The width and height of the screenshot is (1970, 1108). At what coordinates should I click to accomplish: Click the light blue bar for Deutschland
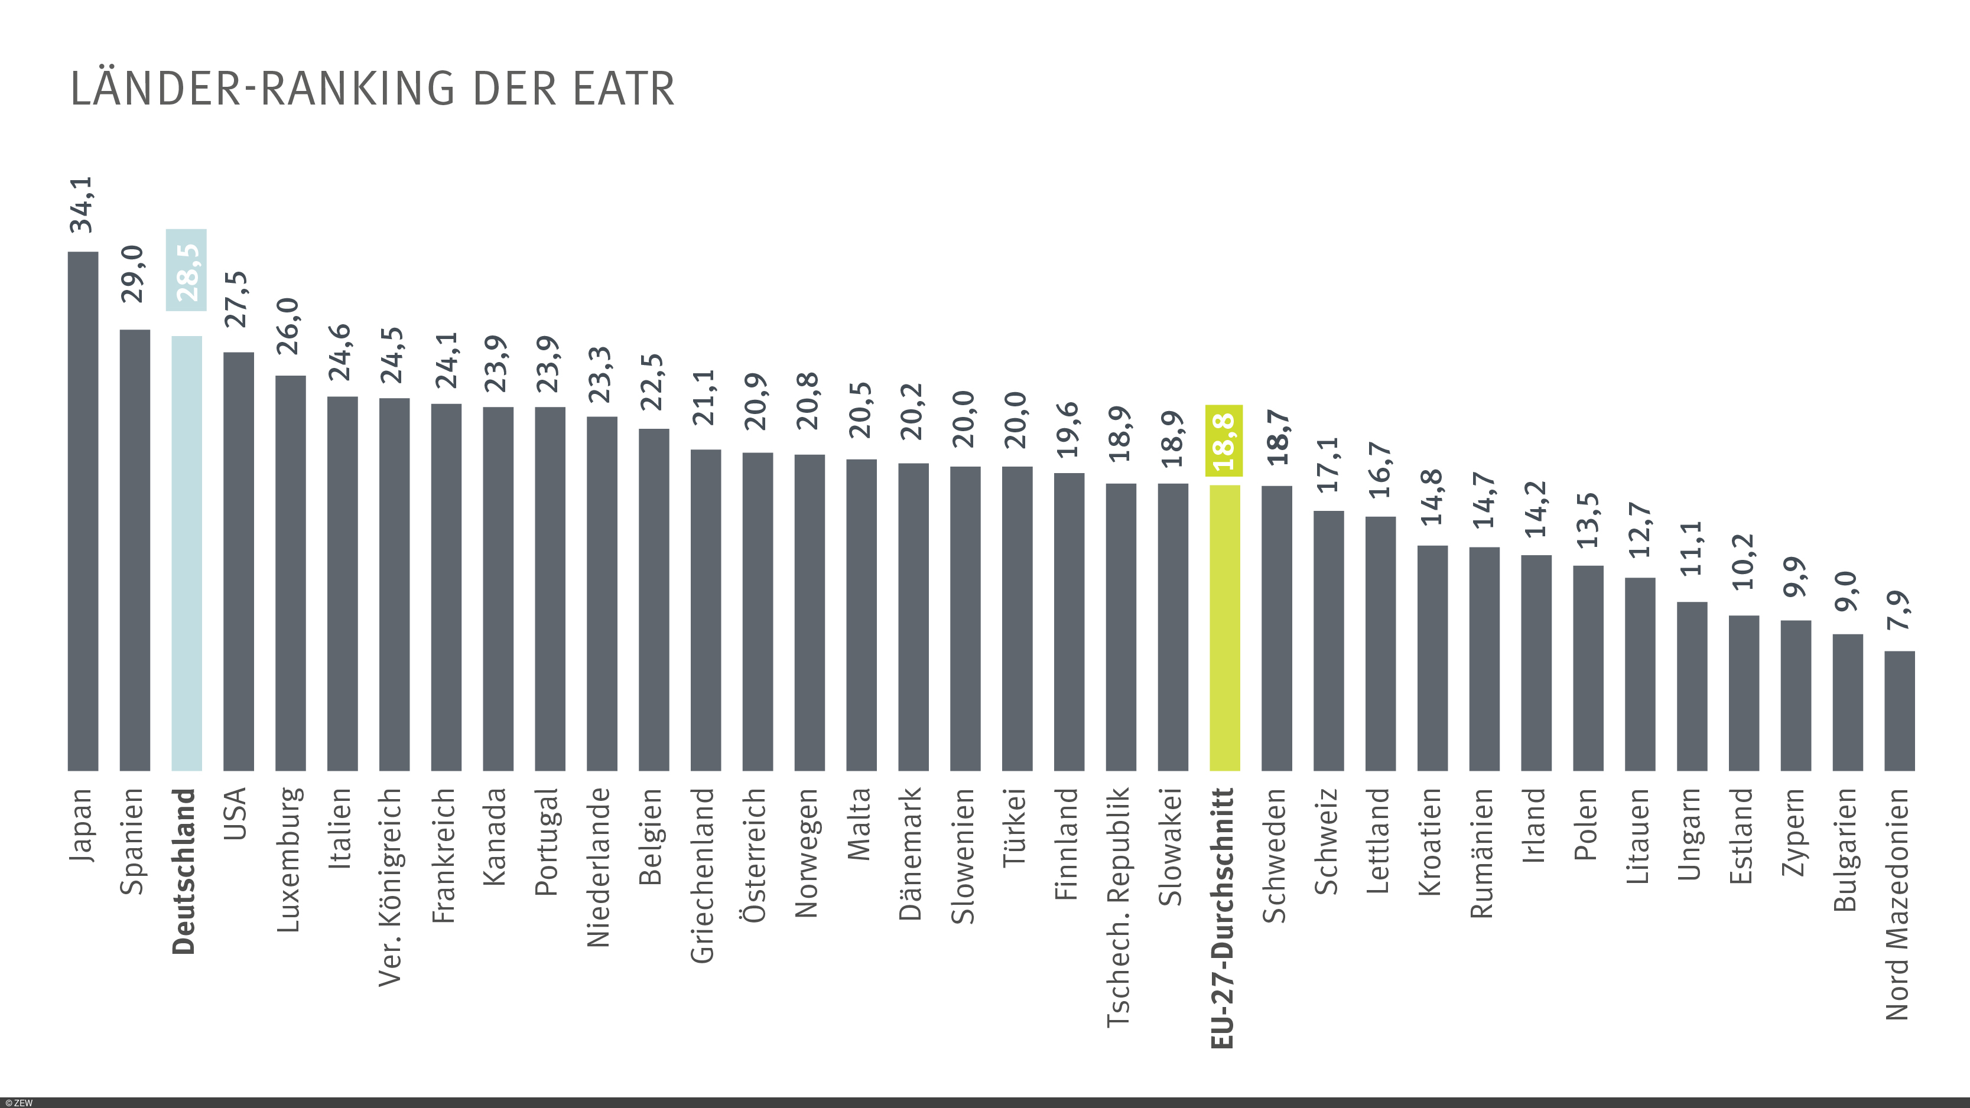(187, 552)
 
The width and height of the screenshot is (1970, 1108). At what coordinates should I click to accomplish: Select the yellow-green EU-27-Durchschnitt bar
(1224, 627)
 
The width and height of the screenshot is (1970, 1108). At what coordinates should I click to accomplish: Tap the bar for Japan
(83, 511)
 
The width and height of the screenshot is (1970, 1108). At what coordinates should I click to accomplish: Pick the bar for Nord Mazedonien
(1899, 711)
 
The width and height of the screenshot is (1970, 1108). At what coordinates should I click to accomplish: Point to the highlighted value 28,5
(187, 271)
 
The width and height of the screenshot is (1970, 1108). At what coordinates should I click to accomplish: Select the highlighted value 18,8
(1224, 441)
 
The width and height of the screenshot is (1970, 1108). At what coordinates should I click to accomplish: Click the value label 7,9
(1900, 610)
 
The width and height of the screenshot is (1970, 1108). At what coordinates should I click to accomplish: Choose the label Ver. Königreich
(391, 887)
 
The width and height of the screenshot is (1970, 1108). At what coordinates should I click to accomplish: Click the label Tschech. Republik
(1119, 907)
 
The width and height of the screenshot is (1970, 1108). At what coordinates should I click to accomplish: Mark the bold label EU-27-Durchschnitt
(1223, 918)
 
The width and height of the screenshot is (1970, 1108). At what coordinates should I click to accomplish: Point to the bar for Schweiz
(1328, 640)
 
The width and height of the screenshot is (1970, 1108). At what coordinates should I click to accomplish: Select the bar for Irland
(1536, 662)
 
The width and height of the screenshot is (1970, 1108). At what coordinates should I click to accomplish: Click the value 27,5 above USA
(236, 299)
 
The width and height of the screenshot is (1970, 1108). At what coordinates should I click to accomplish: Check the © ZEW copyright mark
(18, 1103)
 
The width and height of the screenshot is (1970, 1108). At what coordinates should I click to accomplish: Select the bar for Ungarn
(1692, 686)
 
